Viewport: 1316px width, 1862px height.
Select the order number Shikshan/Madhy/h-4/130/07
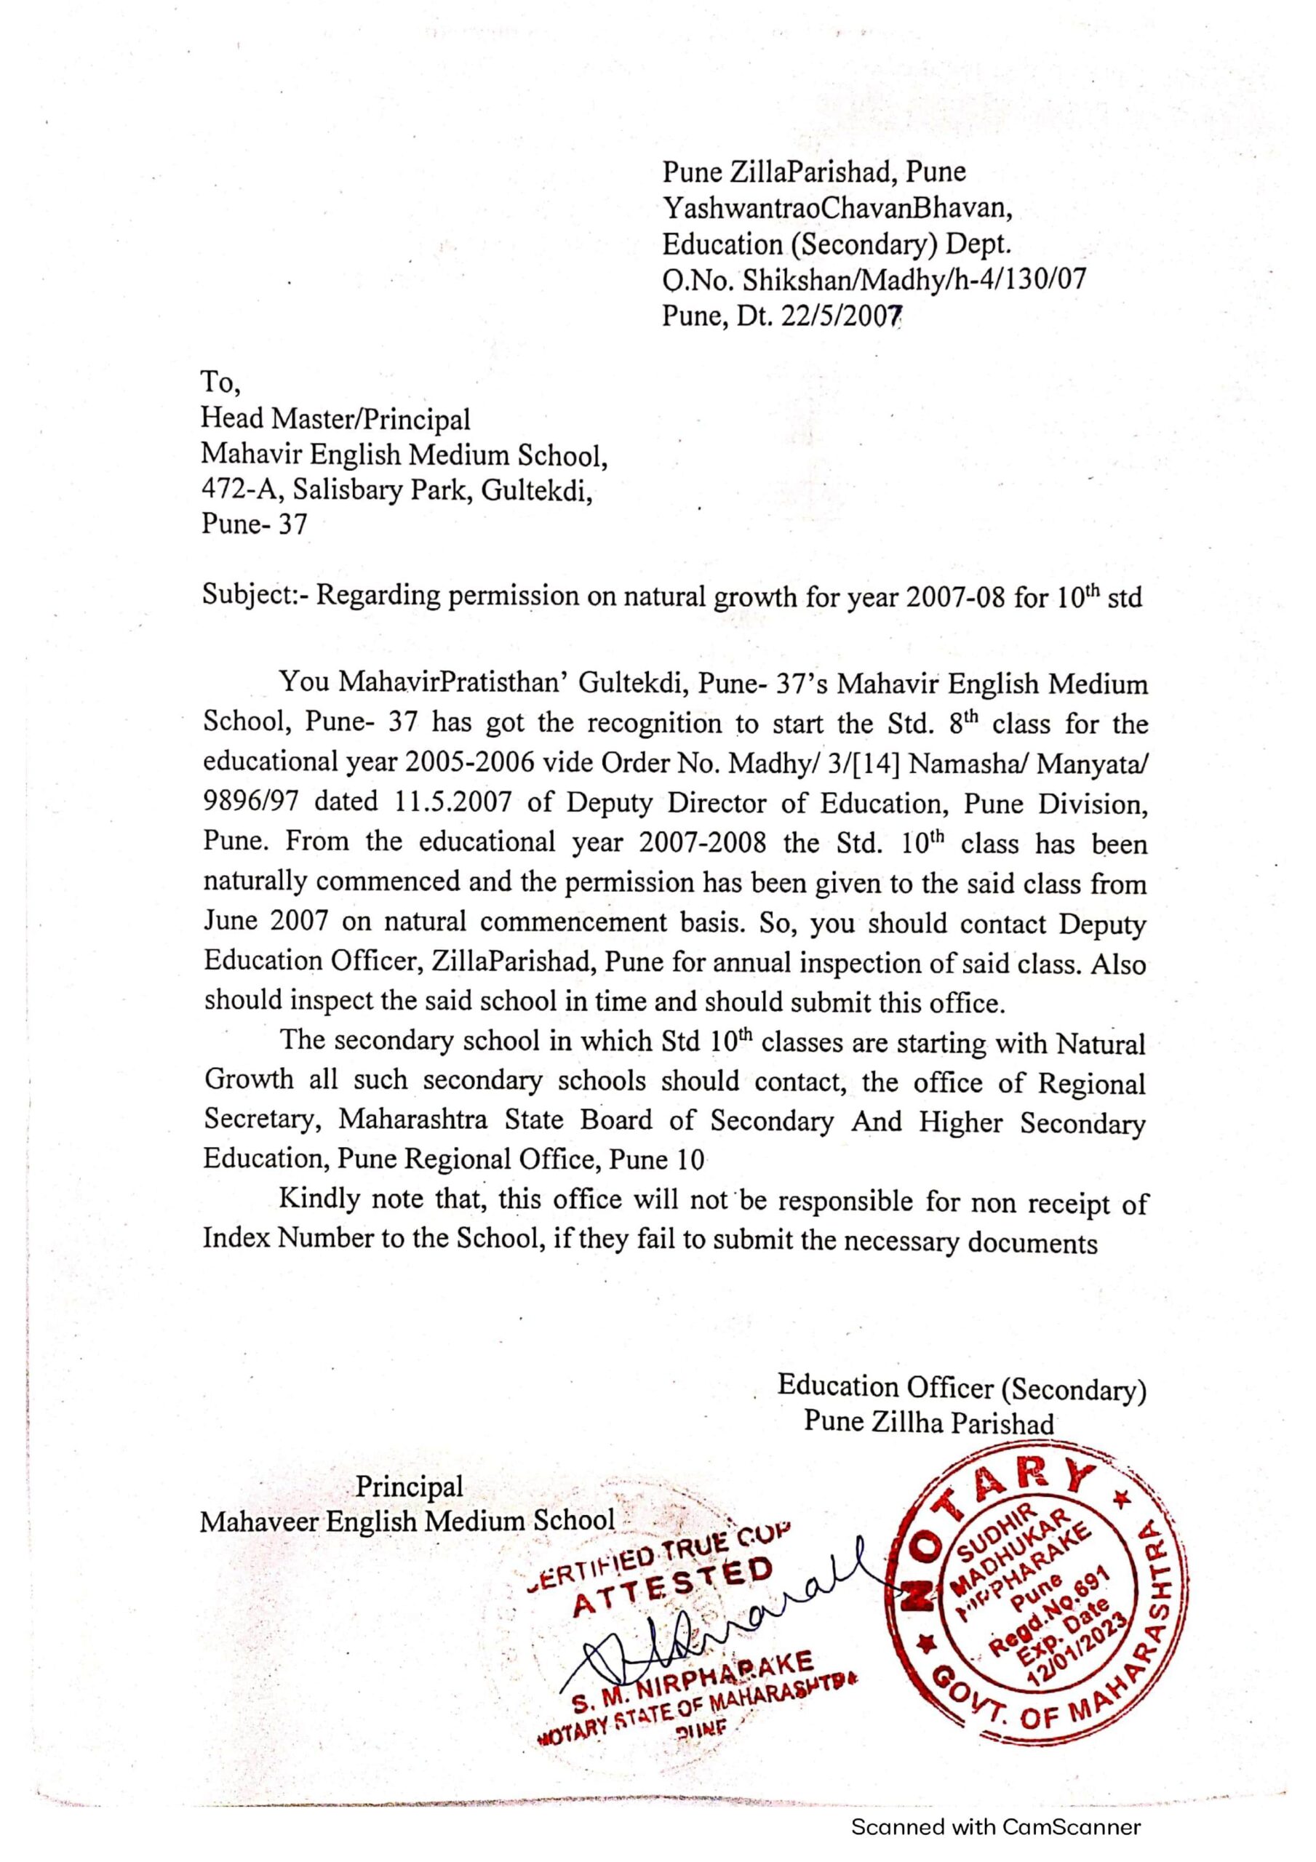pyautogui.click(x=914, y=280)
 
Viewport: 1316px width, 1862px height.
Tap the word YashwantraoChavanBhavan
pyautogui.click(x=837, y=209)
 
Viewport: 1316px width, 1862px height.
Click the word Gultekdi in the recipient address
pyautogui.click(x=535, y=489)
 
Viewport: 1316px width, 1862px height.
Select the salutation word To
pyautogui.click(x=215, y=381)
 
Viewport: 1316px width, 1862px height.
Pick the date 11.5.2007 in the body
pyautogui.click(x=452, y=802)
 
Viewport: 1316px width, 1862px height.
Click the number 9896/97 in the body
pyautogui.click(x=252, y=802)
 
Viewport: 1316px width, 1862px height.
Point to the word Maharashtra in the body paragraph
pyautogui.click(x=413, y=1122)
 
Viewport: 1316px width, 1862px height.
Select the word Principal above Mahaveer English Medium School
pyautogui.click(x=409, y=1487)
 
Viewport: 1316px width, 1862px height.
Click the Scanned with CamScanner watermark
pyautogui.click(x=995, y=1827)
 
